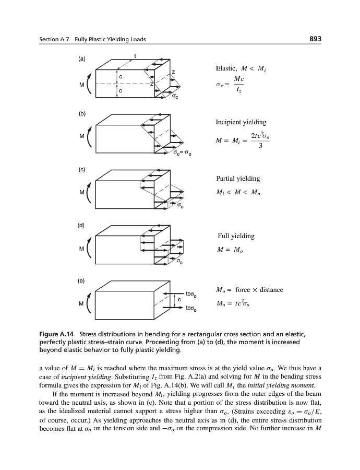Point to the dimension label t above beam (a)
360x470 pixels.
[135, 56]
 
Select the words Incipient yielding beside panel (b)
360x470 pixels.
[241, 122]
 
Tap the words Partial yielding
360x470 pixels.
[237, 179]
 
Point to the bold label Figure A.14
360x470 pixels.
[59, 333]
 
